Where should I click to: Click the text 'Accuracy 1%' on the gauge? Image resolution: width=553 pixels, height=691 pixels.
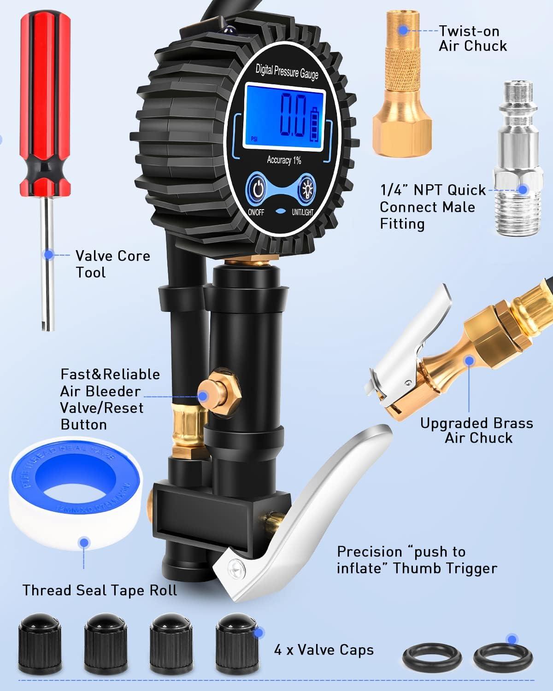click(284, 160)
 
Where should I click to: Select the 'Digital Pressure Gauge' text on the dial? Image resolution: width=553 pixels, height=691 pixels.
click(287, 72)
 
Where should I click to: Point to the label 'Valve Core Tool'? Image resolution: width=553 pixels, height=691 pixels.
click(112, 264)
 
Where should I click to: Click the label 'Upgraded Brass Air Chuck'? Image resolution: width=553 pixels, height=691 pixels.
click(477, 430)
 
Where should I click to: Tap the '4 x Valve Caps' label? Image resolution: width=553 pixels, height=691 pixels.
click(324, 650)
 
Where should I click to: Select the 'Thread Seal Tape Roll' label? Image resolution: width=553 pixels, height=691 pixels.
click(100, 590)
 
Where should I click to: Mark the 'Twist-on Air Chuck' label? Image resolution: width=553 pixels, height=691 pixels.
click(472, 38)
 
